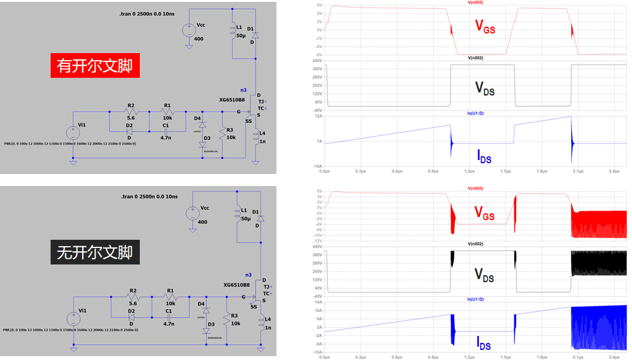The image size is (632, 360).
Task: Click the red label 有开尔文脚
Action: point(94,66)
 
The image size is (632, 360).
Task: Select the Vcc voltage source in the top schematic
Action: point(189,30)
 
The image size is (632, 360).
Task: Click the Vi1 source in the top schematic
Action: point(73,132)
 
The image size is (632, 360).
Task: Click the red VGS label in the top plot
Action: point(485,26)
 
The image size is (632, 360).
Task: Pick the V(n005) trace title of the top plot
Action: point(476,3)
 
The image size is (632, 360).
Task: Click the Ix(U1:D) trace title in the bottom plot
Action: point(476,298)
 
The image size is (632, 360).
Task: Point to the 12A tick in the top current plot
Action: point(319,116)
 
